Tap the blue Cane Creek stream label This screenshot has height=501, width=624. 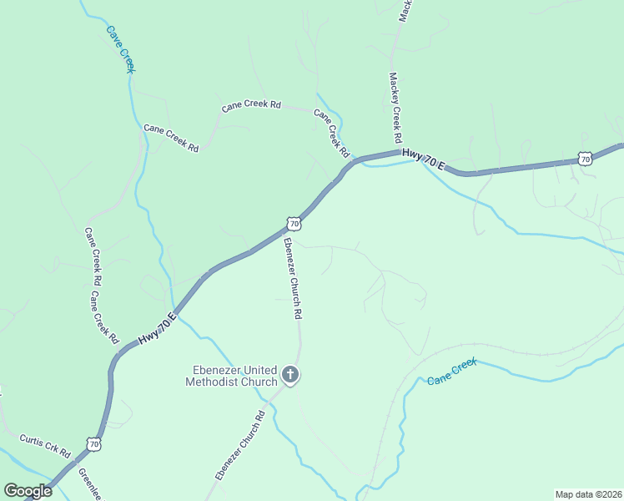click(x=451, y=372)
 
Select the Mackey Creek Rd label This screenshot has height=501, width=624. click(x=395, y=106)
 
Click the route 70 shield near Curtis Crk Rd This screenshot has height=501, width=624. click(x=93, y=444)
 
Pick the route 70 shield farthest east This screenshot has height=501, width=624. click(x=585, y=158)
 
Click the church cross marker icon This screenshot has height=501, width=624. click(x=290, y=375)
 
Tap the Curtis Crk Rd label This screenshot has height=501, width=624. click(x=45, y=444)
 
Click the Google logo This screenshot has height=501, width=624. click(x=28, y=491)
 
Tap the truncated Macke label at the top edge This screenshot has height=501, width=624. click(x=405, y=10)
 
